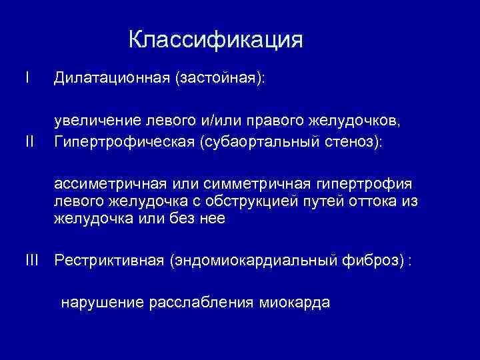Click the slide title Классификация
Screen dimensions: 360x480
pyautogui.click(x=215, y=41)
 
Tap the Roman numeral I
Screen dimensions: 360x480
pyautogui.click(x=27, y=78)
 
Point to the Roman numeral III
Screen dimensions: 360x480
pyautogui.click(x=32, y=260)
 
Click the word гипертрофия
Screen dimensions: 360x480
pyautogui.click(x=371, y=184)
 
